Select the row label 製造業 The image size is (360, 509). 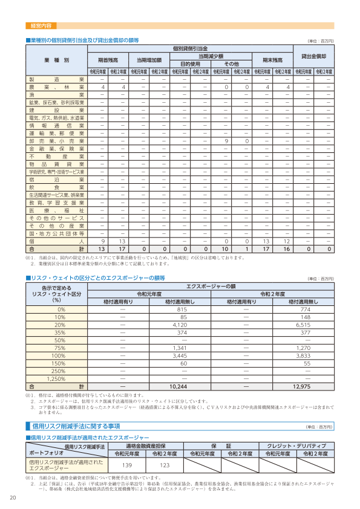click(56, 80)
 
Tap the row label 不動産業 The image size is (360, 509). click(56, 156)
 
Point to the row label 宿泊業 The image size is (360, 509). click(56, 180)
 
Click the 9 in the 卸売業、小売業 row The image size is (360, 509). click(225, 140)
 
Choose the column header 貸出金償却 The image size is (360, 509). click(318, 56)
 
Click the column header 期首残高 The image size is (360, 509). click(107, 60)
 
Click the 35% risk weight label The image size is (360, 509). click(60, 332)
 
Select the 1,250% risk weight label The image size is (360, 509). click(60, 378)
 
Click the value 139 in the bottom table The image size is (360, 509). click(127, 465)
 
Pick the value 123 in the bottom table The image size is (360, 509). click(164, 465)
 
